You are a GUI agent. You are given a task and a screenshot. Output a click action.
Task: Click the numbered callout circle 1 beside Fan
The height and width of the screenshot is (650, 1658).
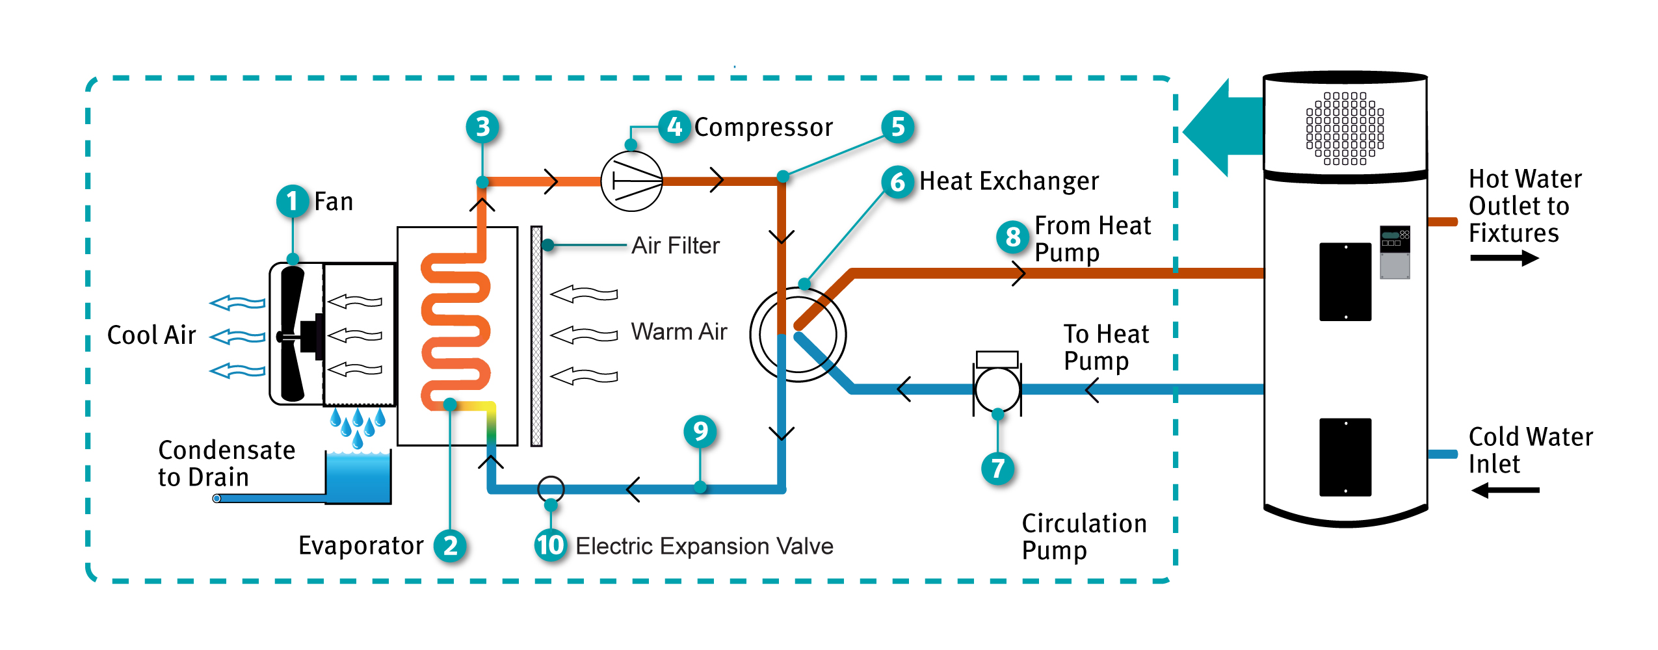point(293,201)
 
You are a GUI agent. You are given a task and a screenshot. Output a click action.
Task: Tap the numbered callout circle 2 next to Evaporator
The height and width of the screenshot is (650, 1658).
point(450,545)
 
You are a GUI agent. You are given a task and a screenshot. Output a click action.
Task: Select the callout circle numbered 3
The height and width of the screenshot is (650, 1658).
point(482,127)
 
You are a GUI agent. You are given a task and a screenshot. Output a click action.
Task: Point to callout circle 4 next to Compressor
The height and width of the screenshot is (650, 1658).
point(674,127)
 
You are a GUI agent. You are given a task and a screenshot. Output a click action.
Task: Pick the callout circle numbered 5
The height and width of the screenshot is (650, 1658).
point(898,127)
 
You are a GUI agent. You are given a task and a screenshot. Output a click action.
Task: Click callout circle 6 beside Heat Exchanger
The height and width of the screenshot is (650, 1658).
point(898,181)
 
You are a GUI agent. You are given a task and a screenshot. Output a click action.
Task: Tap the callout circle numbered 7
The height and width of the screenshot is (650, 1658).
point(998,468)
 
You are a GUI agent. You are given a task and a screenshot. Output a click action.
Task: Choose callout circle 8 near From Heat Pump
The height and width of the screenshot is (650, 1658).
point(1012,237)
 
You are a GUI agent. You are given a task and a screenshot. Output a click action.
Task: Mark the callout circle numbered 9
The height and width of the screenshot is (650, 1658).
point(700,431)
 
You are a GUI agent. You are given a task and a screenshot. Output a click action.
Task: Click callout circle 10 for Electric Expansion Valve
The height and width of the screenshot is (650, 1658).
point(551,545)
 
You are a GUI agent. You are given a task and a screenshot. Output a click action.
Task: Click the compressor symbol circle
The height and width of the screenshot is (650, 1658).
point(631,181)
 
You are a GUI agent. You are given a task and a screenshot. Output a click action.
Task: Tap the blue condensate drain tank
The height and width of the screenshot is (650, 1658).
point(358,478)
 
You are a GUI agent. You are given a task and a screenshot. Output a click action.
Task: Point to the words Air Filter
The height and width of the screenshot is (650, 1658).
point(676,246)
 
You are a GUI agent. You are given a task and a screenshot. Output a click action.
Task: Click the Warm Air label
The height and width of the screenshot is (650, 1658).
point(679,331)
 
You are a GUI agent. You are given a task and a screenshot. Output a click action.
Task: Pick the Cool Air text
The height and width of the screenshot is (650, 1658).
point(151,335)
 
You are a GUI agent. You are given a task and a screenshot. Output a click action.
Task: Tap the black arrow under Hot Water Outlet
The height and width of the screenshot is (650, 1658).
point(1504,258)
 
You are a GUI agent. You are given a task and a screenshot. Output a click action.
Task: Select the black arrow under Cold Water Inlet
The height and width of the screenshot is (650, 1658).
point(1505,490)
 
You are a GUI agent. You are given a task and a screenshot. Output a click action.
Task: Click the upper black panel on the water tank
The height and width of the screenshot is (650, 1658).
point(1345,282)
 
